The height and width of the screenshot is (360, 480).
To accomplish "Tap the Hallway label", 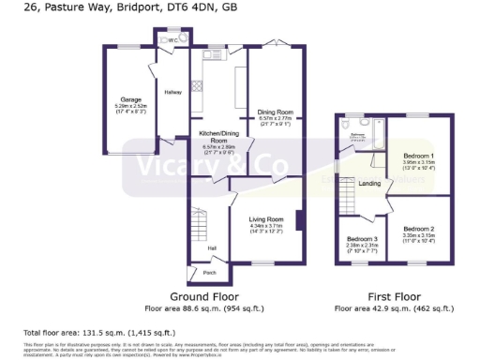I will point(173,92).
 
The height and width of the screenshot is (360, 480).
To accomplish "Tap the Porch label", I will point(208,274).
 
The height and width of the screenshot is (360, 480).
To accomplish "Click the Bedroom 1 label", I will point(418,155).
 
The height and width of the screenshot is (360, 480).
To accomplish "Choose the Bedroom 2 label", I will point(418,229).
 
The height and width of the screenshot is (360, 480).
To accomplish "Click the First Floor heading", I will point(395,295).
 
